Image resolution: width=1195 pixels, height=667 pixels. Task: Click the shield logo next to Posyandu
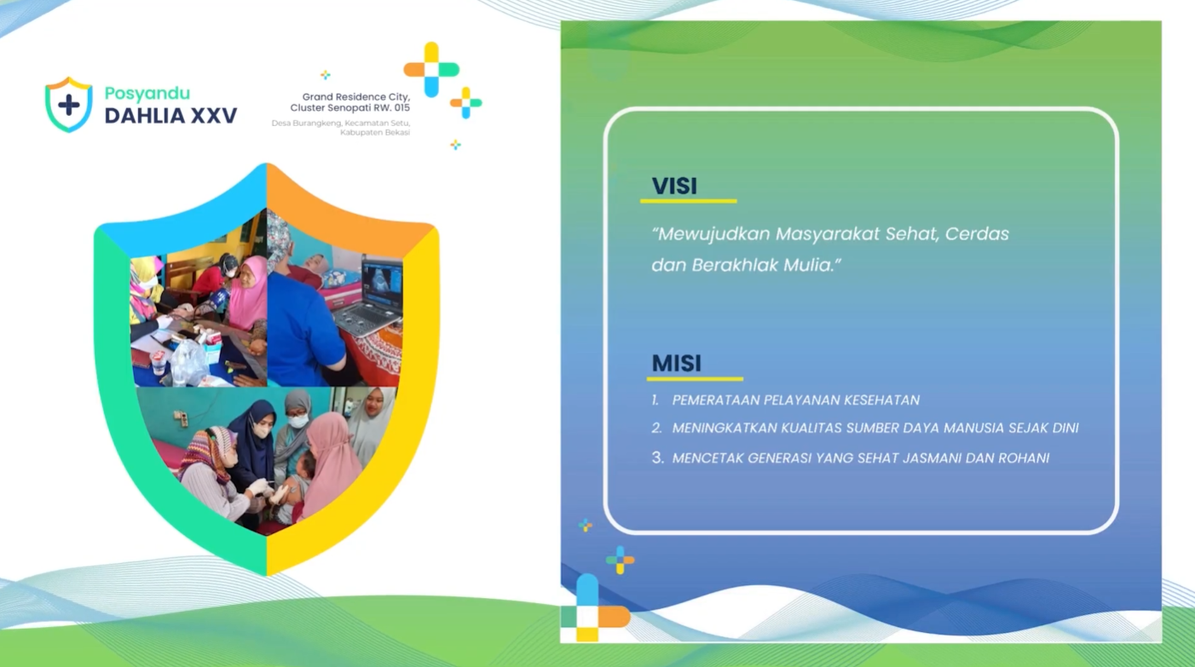[x=69, y=105]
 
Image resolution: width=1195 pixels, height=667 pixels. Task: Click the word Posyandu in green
[x=147, y=94]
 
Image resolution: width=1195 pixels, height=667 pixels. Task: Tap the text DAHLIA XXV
[x=170, y=116]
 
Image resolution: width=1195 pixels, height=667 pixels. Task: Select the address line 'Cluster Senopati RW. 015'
[x=350, y=107]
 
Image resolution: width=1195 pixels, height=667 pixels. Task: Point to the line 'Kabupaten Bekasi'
[x=375, y=132]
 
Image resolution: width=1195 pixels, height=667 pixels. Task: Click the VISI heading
[x=674, y=186]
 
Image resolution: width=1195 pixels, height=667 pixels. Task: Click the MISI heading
[x=676, y=363]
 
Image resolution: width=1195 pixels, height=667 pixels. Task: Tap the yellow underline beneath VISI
[x=688, y=201]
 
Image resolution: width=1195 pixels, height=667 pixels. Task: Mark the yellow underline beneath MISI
[x=695, y=378]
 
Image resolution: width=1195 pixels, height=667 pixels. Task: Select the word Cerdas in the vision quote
[x=977, y=233]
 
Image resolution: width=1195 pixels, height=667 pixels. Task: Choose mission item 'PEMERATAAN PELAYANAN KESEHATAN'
[x=795, y=400]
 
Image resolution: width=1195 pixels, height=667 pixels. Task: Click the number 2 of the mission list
[x=656, y=428]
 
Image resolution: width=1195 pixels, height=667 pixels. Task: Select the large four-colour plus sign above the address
[x=431, y=69]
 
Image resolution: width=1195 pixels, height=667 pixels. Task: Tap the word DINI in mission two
[x=1065, y=428]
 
